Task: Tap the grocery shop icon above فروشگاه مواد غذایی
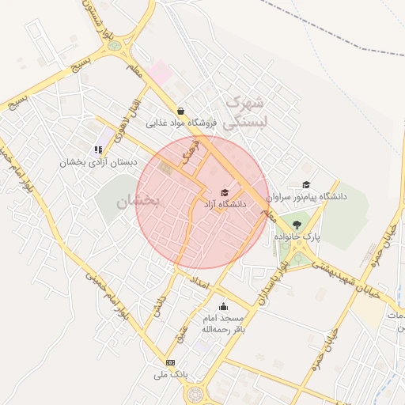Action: click(x=181, y=112)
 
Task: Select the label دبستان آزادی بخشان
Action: click(x=102, y=161)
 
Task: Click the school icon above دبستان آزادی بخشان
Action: click(x=98, y=149)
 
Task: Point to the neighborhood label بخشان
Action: click(x=138, y=202)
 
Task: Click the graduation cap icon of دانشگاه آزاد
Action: click(x=225, y=192)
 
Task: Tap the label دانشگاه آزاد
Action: click(x=225, y=204)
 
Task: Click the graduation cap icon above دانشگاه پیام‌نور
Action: click(x=305, y=184)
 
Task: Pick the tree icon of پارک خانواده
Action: click(x=297, y=225)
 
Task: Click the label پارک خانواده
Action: click(x=297, y=237)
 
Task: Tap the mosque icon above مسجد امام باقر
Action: click(x=222, y=306)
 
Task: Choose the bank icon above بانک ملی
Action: click(x=170, y=361)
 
